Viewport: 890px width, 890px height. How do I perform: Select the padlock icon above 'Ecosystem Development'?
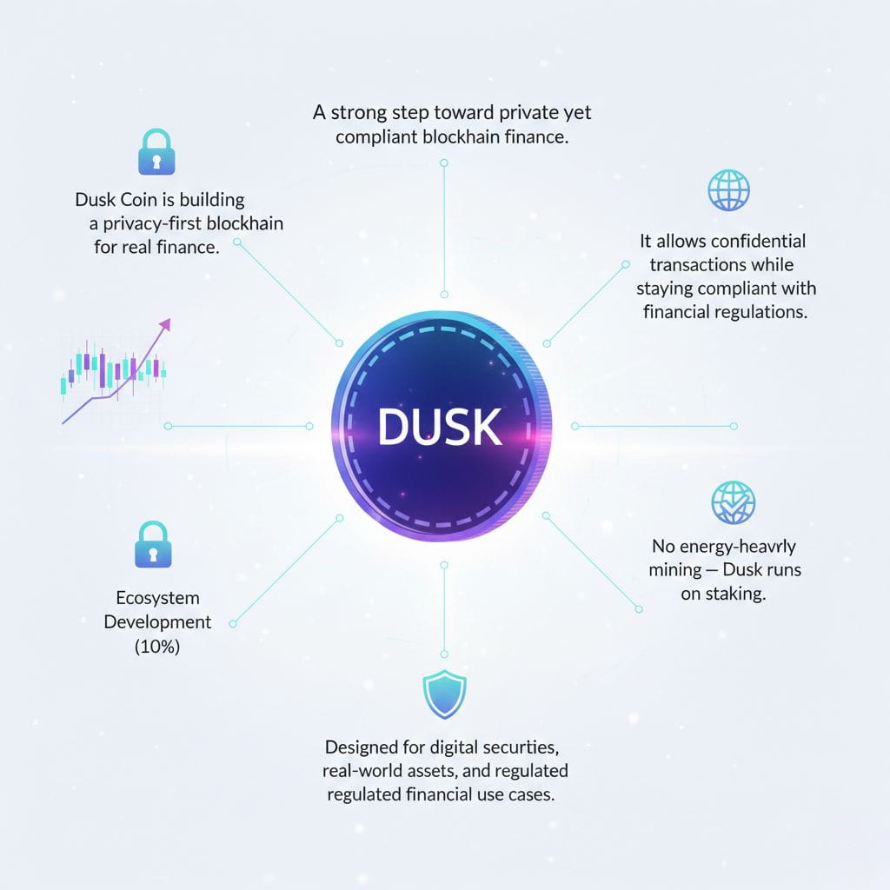153,544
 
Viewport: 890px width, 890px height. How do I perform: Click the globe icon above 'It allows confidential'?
728,189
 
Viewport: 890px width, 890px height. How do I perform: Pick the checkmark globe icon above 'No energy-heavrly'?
733,501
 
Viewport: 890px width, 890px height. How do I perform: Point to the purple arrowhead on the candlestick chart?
165,325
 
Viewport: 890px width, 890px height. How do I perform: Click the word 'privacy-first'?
160,223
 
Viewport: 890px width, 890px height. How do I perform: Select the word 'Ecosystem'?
157,598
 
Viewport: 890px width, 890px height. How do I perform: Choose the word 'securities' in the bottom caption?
528,747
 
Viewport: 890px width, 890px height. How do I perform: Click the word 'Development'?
157,622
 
